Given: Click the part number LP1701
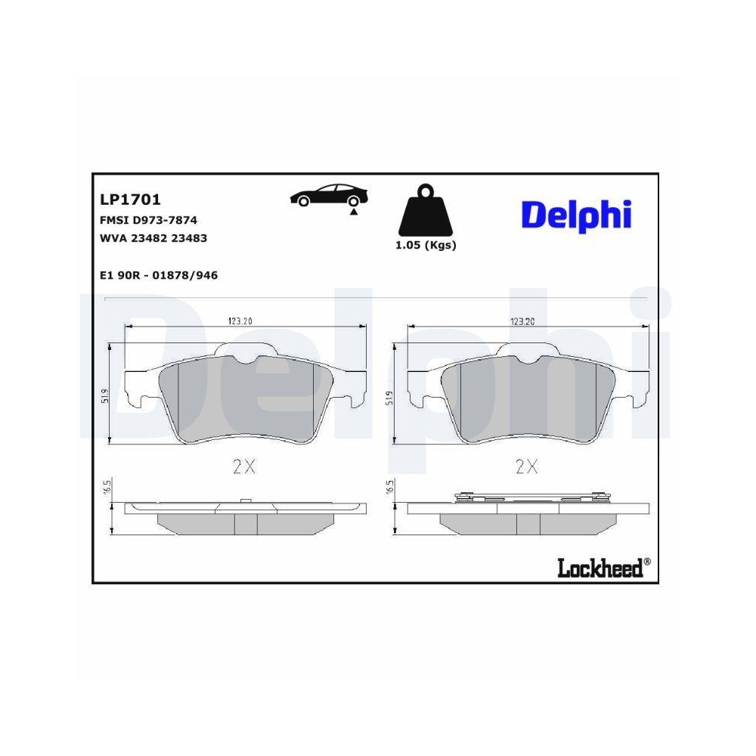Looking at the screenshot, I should (130, 200).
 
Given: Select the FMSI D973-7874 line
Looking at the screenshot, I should (149, 221).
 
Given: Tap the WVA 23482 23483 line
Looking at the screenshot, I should (153, 238).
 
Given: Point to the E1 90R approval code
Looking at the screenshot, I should (159, 276).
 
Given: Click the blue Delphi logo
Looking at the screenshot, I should (575, 215).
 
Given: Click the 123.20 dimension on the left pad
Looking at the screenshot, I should (240, 321).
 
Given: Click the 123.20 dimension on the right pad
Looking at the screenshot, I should (522, 321).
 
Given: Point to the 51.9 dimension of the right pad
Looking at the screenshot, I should (389, 396).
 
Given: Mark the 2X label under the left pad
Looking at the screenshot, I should (244, 466).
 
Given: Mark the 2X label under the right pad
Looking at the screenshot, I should (526, 466).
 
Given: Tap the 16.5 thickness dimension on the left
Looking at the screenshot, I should (106, 488).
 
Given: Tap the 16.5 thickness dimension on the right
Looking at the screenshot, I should (390, 488).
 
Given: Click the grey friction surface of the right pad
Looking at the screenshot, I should (528, 401).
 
